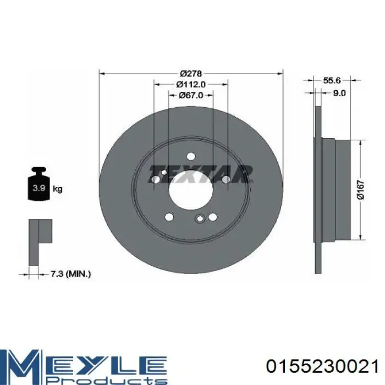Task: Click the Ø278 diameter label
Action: [x=191, y=73]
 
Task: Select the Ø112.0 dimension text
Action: [x=191, y=84]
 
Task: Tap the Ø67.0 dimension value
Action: [x=191, y=95]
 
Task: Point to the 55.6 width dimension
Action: [x=332, y=80]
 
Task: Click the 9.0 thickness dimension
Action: [x=339, y=93]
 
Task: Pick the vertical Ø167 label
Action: [x=361, y=190]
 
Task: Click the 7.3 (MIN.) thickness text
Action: [x=71, y=274]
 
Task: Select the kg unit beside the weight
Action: [x=58, y=189]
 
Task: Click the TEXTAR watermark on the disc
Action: [x=201, y=174]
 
